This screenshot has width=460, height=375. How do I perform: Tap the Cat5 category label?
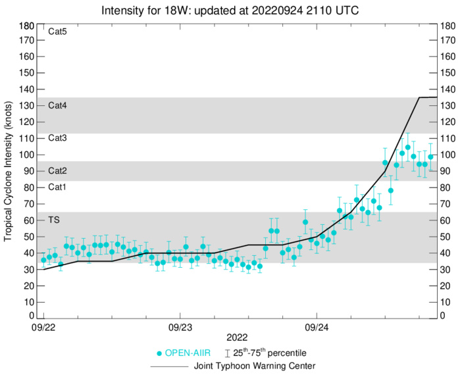point(58,32)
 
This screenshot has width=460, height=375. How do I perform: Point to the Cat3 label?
point(58,137)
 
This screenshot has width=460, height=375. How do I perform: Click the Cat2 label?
point(58,170)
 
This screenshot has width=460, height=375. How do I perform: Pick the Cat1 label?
point(58,187)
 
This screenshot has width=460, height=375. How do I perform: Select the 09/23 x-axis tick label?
point(180,327)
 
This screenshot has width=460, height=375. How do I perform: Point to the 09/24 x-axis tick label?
point(317,327)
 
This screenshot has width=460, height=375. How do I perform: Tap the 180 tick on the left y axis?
point(27,26)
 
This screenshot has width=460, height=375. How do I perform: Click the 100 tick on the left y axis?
point(27,155)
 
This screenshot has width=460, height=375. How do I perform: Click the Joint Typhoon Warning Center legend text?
point(254,366)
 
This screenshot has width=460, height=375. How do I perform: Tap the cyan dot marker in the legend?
point(159,353)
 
